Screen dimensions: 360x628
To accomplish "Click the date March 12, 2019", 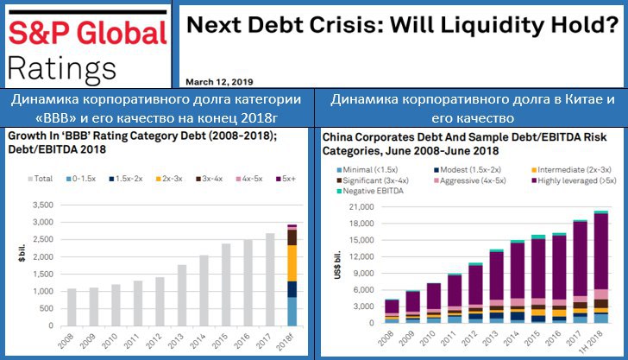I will pos(214,81).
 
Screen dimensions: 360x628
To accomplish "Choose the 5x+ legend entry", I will pos(287,178).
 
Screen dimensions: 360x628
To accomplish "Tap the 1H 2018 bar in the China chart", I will pos(600,268).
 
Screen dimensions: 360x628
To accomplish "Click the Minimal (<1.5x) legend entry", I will pos(368,171).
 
